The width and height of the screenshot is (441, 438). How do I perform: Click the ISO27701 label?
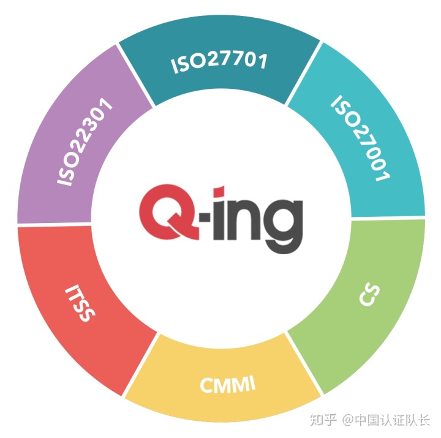pos(220,62)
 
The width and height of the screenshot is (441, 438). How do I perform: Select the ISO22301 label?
pos(86,142)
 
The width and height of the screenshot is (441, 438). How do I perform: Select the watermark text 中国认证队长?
pos(393,420)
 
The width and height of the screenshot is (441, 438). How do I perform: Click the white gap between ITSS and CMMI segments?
pos(141,363)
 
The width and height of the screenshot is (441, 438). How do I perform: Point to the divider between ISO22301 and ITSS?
pos(55,225)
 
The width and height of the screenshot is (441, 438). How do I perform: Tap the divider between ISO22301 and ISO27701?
pos(135,72)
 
